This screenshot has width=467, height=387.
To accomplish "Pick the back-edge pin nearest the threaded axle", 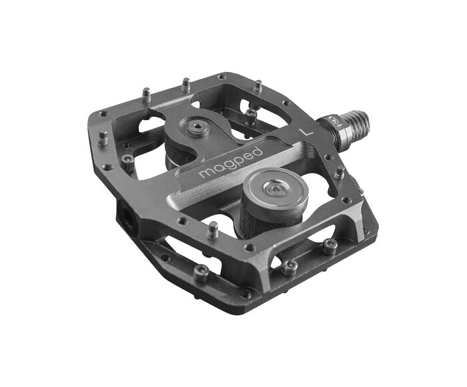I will pos(257,87).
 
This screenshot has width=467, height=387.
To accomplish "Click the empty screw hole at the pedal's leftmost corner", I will pos(101,115).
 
